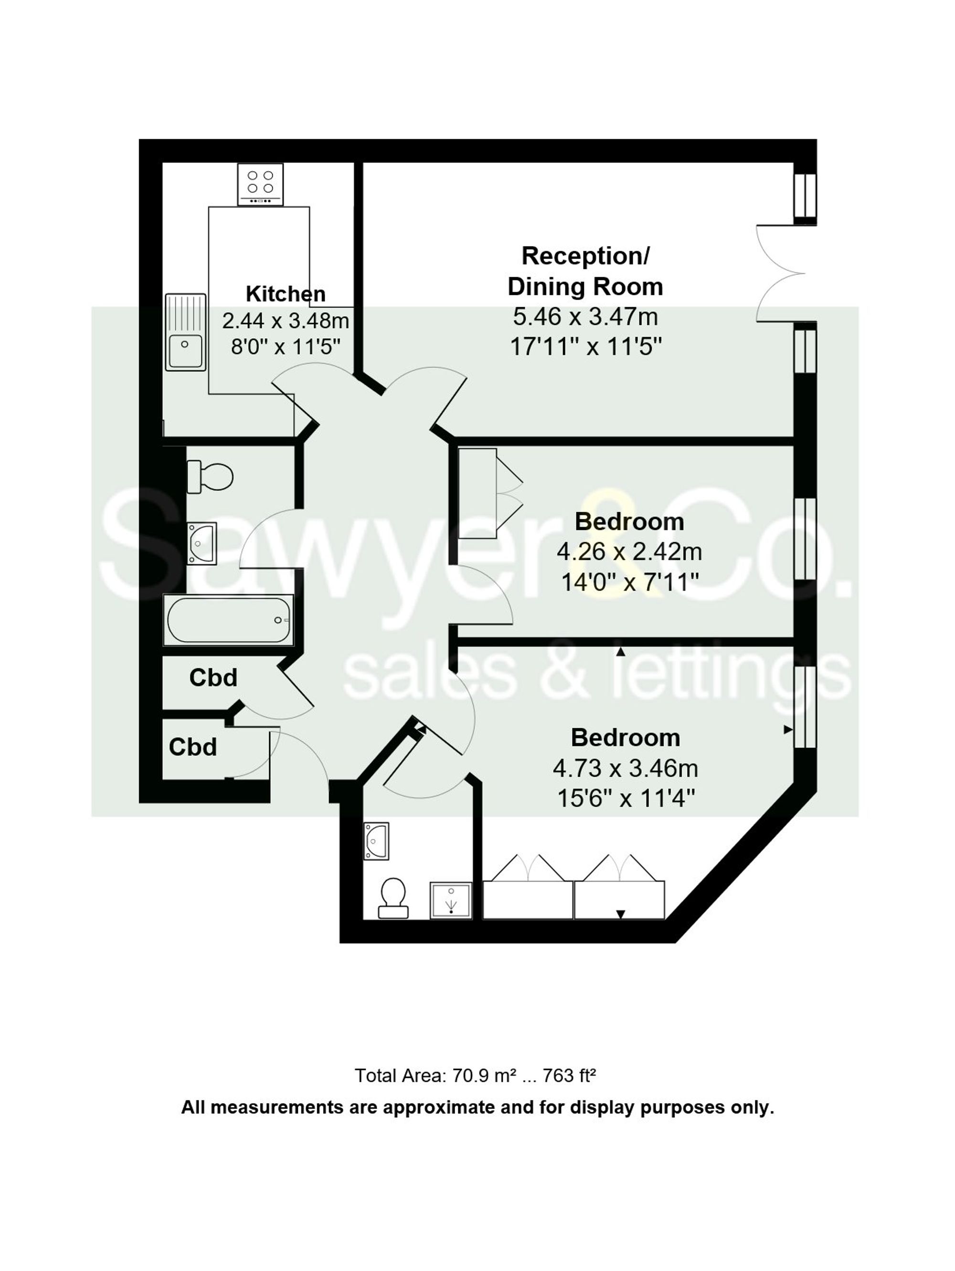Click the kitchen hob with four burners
pyautogui.click(x=260, y=184)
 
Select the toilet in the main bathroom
pyautogui.click(x=210, y=476)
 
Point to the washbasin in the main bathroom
pyautogui.click(x=202, y=542)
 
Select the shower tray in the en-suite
pyautogui.click(x=451, y=899)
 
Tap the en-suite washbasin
pyautogui.click(x=376, y=840)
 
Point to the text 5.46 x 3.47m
pyautogui.click(x=584, y=317)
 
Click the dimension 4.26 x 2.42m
pyautogui.click(x=629, y=551)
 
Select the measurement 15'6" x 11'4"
pyautogui.click(x=626, y=798)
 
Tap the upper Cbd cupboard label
pyautogui.click(x=213, y=678)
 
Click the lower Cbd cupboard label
pyautogui.click(x=193, y=747)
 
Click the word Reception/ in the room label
pyautogui.click(x=584, y=256)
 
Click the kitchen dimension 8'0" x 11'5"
pyautogui.click(x=286, y=346)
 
